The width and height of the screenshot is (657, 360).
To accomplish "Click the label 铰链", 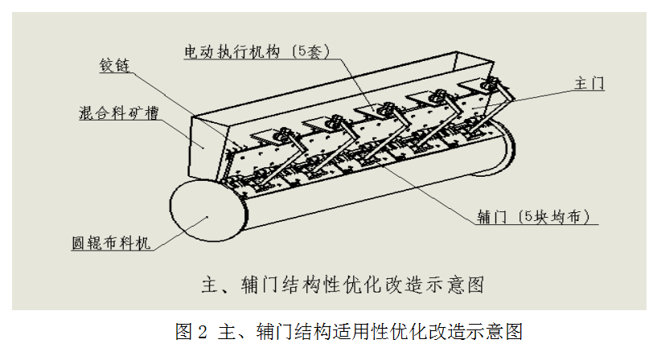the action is [x=114, y=65].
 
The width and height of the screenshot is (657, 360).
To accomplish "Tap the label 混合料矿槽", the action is [x=118, y=112].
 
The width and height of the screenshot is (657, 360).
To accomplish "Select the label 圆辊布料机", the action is [x=111, y=243].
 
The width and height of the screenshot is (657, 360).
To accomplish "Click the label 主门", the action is [x=589, y=84].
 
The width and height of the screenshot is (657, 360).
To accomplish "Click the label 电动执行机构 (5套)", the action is [x=257, y=51].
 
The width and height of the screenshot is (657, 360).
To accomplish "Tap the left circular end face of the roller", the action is [x=207, y=211].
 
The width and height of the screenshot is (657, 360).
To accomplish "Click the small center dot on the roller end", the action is [x=207, y=217].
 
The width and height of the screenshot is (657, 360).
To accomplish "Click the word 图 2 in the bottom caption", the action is [x=191, y=332].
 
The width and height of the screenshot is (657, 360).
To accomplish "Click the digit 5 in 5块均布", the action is [x=529, y=216].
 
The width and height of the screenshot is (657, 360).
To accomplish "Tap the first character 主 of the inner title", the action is [x=211, y=285].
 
